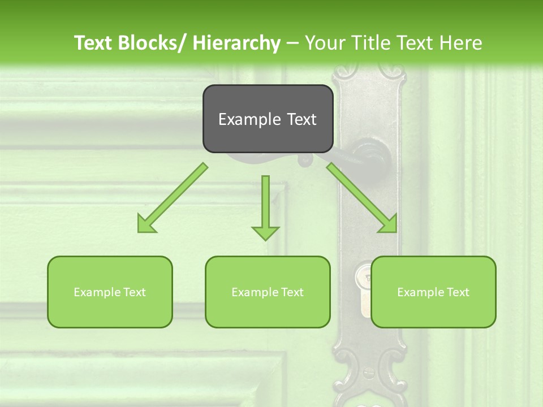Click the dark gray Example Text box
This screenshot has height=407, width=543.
point(268,119)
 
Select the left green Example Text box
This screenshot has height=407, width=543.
point(110,292)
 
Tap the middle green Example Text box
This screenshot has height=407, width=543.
point(268,292)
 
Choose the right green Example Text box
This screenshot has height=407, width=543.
point(433,292)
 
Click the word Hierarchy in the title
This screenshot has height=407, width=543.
point(236,43)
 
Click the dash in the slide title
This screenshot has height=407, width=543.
point(292,43)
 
